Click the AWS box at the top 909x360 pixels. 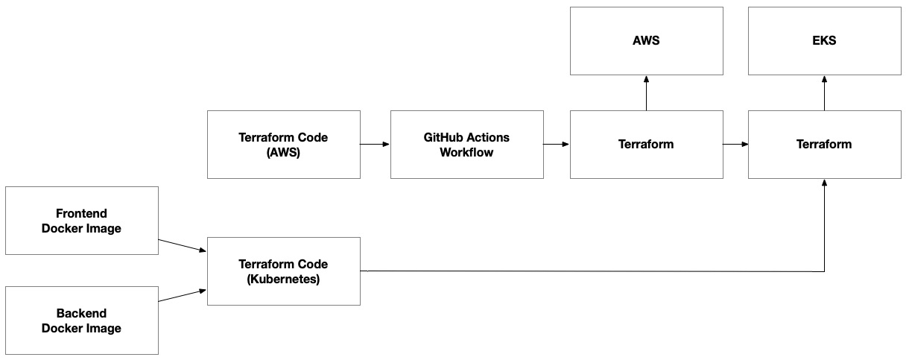[647, 41]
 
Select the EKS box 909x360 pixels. [825, 41]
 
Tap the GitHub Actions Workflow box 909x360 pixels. [467, 145]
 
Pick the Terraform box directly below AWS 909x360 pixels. [647, 145]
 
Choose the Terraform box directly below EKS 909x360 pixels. [825, 145]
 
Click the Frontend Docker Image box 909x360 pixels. [82, 221]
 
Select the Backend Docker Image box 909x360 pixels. [82, 320]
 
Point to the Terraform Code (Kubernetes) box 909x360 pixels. [284, 271]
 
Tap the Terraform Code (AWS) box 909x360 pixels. [284, 145]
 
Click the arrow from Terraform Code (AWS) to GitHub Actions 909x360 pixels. [375, 144]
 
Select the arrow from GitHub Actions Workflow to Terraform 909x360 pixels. [557, 144]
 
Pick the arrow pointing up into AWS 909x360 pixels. [647, 93]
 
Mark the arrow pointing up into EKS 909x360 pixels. [825, 93]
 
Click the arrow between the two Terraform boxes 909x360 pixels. [735, 144]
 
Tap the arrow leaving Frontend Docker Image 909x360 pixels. [183, 245]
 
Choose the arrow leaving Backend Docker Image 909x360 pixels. [183, 296]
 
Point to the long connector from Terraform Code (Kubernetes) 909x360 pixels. [592, 271]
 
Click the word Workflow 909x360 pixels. [466, 152]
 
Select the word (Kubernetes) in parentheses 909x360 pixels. [283, 280]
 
